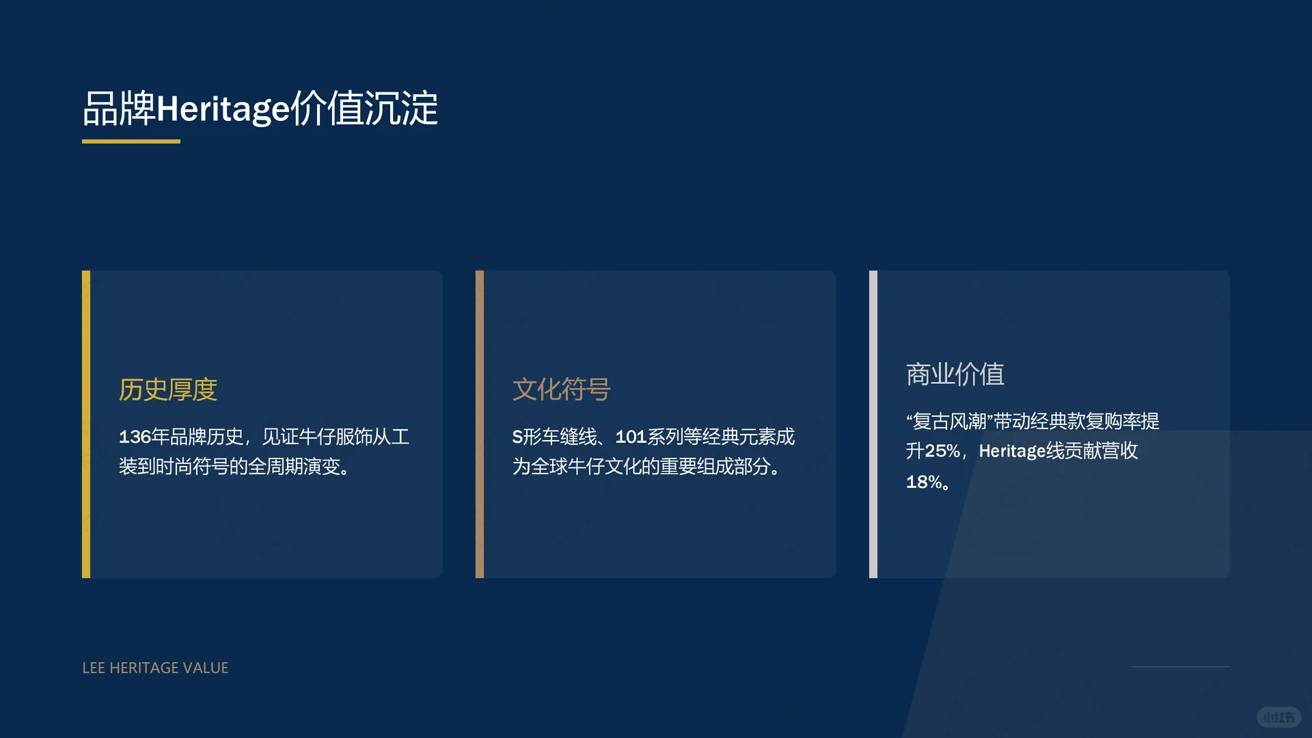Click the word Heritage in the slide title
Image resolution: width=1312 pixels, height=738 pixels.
223,109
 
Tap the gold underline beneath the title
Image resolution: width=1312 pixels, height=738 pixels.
131,141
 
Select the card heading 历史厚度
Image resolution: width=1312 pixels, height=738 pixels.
168,389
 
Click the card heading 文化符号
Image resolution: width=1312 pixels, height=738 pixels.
562,389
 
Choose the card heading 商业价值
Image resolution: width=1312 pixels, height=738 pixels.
955,374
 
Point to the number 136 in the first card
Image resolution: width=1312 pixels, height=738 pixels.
135,437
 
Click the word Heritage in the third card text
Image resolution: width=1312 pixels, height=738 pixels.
1012,451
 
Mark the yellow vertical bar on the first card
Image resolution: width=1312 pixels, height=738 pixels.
86,424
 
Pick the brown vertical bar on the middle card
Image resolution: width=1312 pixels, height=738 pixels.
480,424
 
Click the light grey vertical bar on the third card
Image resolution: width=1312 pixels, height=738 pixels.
873,424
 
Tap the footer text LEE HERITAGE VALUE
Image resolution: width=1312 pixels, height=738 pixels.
155,668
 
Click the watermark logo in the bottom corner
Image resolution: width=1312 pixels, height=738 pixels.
1279,717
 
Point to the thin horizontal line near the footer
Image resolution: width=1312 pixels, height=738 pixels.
1180,666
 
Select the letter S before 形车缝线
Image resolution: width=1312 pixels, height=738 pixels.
517,437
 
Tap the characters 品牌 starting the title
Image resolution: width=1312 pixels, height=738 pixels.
119,109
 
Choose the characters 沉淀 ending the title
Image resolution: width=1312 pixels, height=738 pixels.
401,109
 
